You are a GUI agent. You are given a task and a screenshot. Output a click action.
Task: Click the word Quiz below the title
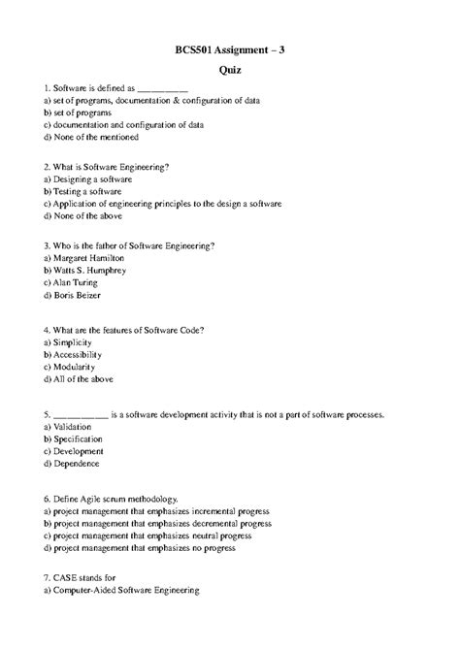(x=230, y=70)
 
